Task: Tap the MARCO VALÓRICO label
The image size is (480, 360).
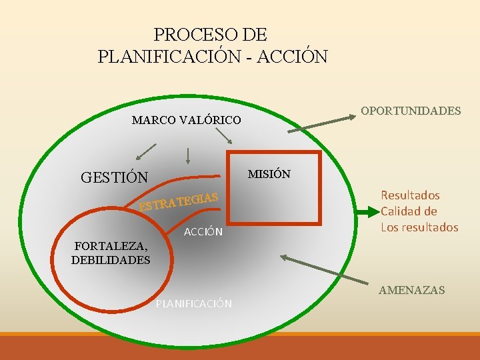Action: [186, 120]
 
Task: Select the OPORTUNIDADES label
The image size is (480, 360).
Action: [411, 111]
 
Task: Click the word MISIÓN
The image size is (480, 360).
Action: [269, 174]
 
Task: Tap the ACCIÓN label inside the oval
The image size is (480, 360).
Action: [203, 231]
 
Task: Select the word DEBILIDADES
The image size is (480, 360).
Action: [111, 260]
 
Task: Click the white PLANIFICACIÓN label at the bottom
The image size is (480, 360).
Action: [193, 304]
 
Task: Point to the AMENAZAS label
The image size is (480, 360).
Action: [411, 290]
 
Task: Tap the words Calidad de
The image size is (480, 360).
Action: [409, 211]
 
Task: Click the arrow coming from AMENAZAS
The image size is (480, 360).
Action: [327, 271]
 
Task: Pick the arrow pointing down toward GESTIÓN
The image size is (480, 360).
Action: [147, 153]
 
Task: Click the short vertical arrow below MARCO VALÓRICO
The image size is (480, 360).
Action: [188, 155]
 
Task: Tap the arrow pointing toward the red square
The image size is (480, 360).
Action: [225, 135]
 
